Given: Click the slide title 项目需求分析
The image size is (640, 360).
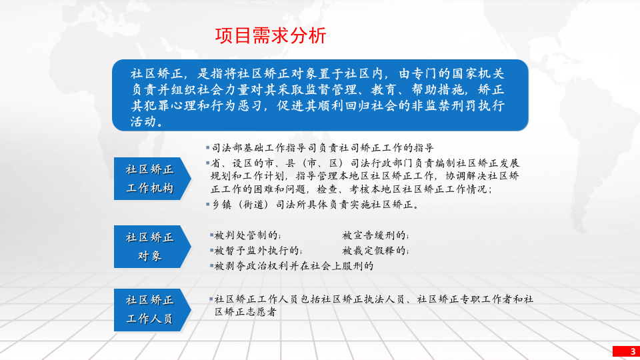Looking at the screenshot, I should tap(271, 36).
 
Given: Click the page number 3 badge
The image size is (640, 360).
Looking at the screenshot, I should tap(625, 351).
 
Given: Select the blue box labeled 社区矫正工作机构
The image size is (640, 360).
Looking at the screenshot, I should tap(150, 179).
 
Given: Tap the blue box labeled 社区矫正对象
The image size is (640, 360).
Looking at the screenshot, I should tap(150, 247).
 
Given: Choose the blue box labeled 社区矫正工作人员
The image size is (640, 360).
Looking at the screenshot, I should tap(150, 309).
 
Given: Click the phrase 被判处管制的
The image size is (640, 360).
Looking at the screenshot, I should tap(247, 235).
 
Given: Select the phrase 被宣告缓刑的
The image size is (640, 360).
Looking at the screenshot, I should tap(375, 235).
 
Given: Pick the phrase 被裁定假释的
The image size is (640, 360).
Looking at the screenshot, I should tap(375, 251).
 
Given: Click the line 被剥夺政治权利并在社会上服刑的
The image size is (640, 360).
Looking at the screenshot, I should tap(293, 265).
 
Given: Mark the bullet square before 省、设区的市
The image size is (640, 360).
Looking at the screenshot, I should tap(208, 162).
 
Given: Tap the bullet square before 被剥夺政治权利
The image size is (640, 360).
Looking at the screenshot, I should tap(211, 265).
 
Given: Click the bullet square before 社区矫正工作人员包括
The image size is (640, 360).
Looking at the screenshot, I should tap(211, 298).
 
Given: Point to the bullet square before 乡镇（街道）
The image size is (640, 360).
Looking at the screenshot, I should tap(208, 204).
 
